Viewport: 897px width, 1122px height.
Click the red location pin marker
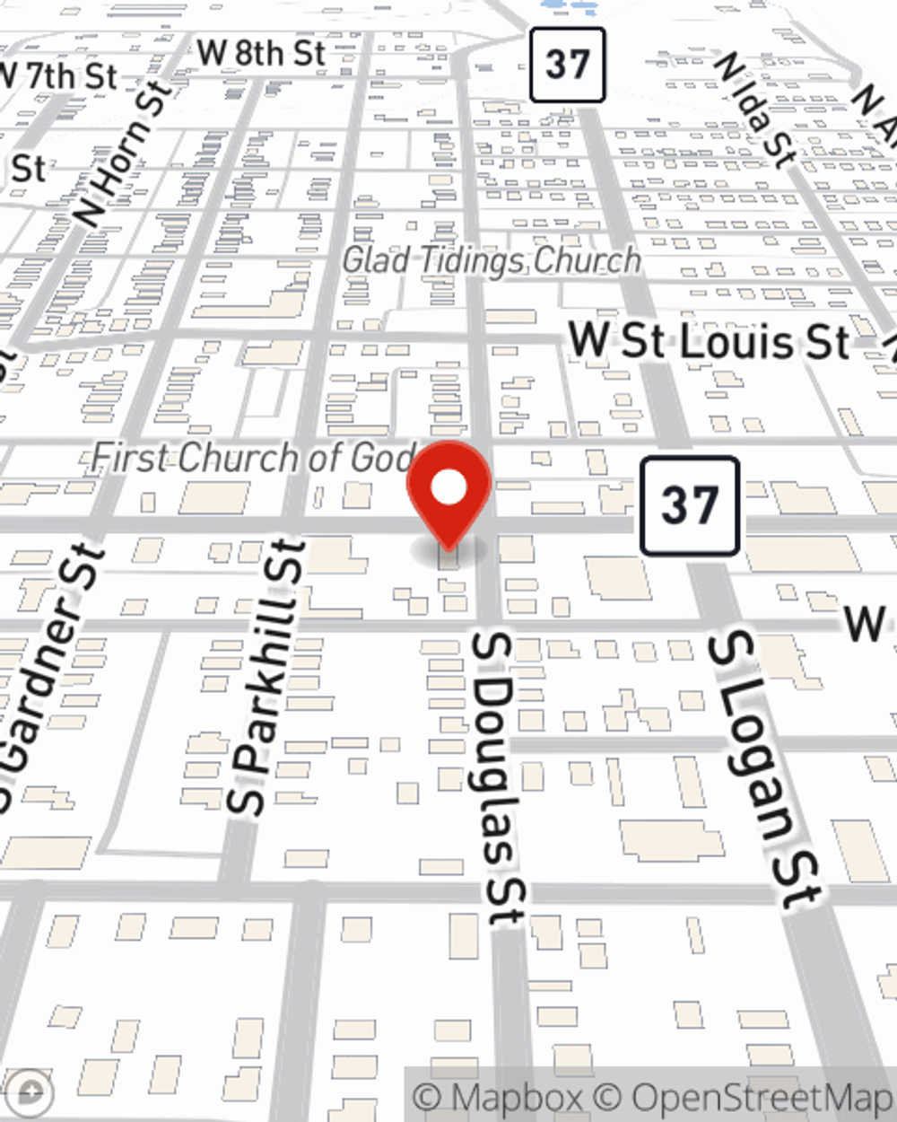448,494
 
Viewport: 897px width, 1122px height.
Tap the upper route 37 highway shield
567,65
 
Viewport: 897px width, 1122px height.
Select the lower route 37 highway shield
689,505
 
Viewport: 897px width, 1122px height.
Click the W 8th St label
260,53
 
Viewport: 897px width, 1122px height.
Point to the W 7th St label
58,75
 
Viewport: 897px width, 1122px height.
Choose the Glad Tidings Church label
492,260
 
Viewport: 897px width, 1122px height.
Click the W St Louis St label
709,342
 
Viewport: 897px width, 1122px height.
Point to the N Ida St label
754,110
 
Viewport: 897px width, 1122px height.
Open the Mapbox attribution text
499,1098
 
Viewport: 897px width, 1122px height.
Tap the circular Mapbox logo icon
31,1092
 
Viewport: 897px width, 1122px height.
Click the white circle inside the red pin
448,488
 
